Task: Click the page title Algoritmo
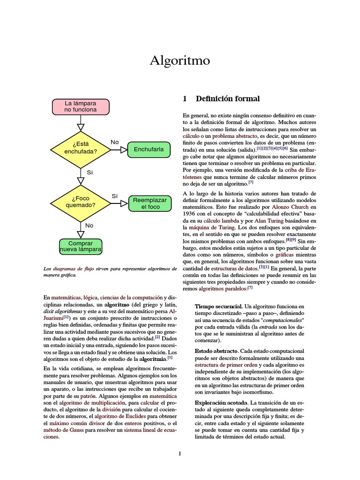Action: [180, 60]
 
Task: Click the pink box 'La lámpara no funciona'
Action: [81, 106]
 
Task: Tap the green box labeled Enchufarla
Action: [149, 150]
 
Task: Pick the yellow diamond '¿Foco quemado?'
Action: [81, 202]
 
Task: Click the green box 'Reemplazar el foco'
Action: [150, 203]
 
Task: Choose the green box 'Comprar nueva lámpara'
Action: [81, 247]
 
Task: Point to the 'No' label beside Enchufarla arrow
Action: [114, 142]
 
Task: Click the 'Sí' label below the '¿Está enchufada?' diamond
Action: [90, 172]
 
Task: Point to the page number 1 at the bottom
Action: [180, 454]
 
